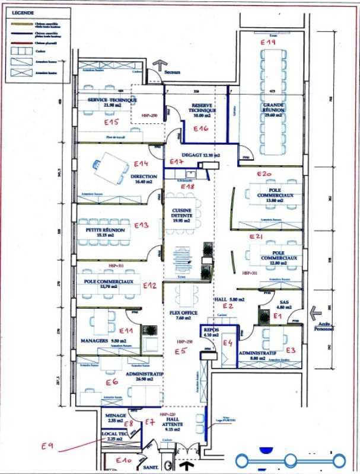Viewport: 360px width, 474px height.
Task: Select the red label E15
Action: click(111, 122)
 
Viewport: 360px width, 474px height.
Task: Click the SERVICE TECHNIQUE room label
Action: click(109, 101)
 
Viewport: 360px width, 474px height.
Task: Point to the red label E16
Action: click(200, 129)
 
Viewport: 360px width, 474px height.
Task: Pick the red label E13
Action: click(141, 225)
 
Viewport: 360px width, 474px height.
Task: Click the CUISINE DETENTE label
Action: click(180, 213)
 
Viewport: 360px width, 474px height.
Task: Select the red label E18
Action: click(187, 187)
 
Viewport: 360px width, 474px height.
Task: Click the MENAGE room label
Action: click(115, 416)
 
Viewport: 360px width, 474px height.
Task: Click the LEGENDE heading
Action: click(22, 12)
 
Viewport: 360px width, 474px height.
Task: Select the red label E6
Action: click(111, 382)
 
